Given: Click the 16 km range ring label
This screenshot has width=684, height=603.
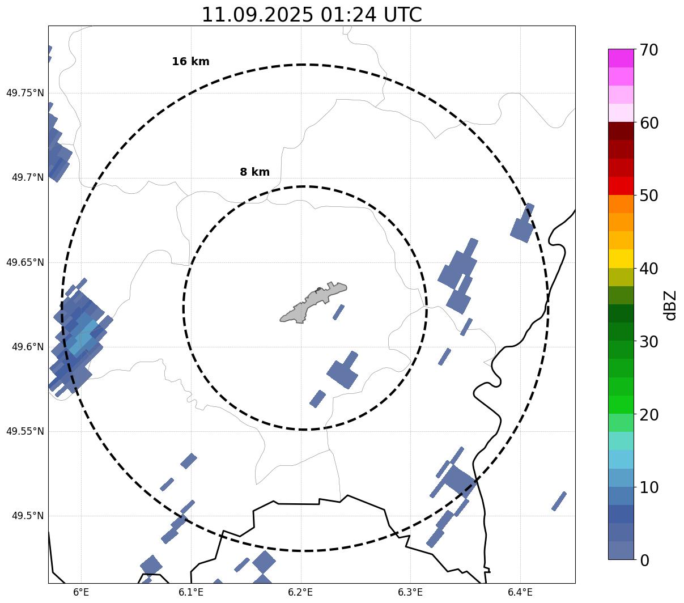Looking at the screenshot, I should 190,62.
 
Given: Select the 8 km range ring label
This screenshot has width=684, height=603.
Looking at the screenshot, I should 254,172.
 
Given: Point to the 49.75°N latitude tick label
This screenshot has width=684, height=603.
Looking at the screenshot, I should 25,93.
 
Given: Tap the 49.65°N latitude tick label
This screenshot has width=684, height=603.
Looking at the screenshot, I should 25,262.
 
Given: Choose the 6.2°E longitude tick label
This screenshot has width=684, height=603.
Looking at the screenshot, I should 301,592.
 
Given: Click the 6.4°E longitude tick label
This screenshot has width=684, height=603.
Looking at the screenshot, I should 520,592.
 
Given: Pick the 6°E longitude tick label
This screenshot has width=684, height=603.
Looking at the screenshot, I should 82,592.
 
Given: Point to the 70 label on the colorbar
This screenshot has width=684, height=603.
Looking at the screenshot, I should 649,50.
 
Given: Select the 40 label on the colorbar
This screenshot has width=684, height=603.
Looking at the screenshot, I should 649,269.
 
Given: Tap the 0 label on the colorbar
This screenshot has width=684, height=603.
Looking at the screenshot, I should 645,560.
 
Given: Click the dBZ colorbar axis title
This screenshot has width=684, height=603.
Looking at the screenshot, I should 671,305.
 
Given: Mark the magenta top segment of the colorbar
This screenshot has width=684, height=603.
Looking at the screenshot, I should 621,58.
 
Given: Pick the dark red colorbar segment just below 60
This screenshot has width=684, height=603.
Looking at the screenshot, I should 621,131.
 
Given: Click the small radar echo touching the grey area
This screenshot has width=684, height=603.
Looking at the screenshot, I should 338,312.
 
